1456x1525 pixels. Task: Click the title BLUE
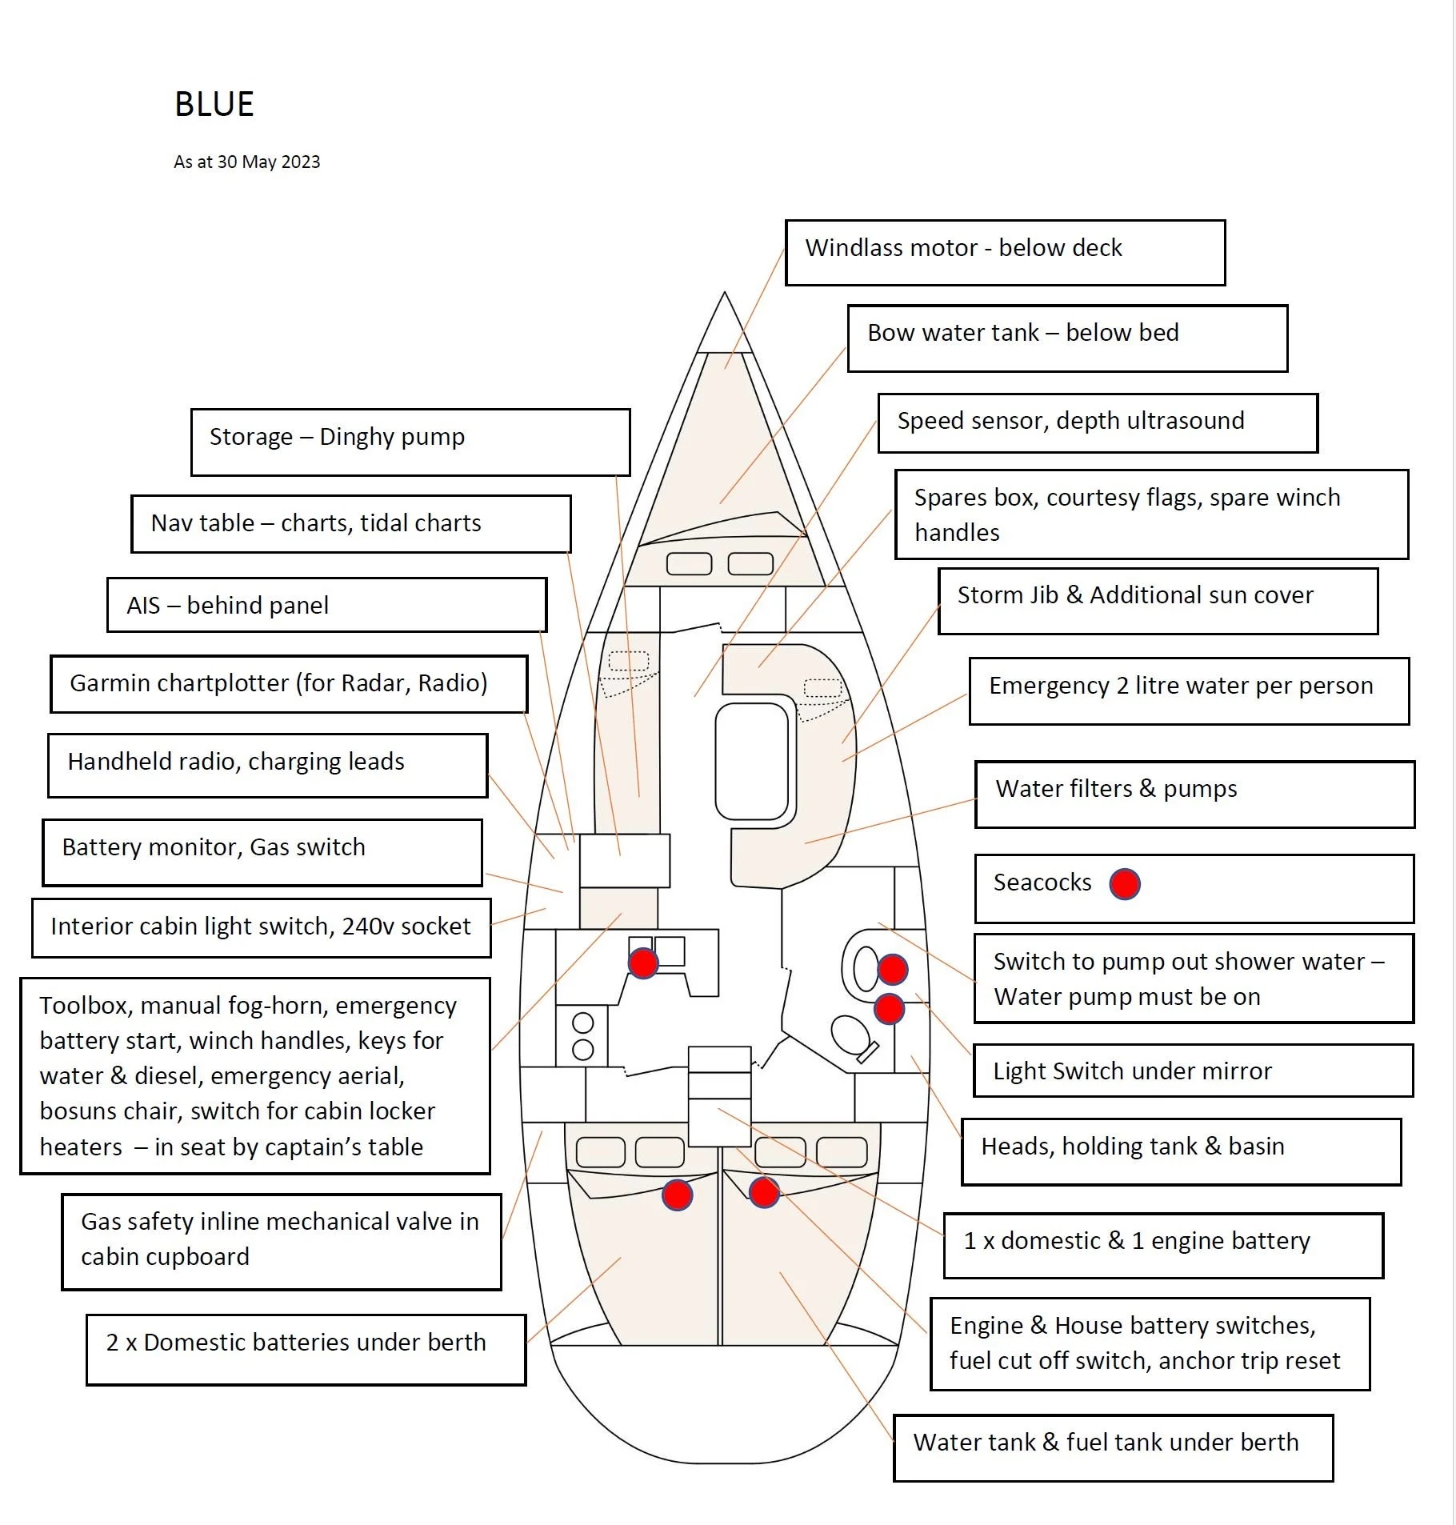click(214, 104)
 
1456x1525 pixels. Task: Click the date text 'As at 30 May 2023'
click(246, 162)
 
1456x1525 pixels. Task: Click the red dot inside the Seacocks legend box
click(1124, 884)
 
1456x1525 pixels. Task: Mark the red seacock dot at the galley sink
click(643, 963)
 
